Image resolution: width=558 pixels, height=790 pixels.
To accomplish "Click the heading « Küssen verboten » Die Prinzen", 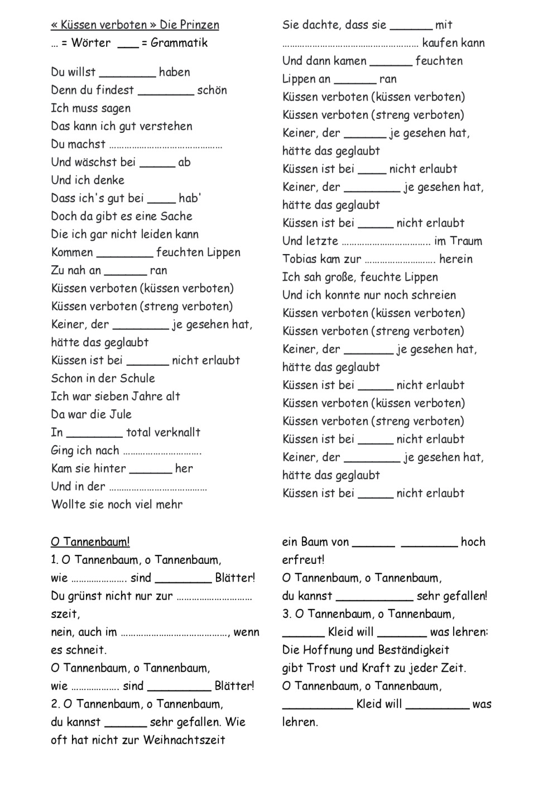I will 135,25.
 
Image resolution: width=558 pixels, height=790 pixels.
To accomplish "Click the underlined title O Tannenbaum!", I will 90,542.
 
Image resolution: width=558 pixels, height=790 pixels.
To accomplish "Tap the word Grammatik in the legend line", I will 179,43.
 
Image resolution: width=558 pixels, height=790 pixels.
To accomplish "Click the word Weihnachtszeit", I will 184,740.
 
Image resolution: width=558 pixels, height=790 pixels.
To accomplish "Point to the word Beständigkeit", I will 413,650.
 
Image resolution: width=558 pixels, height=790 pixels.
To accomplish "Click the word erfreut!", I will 303,560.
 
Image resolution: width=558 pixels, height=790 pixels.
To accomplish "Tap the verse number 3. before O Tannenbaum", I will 287,614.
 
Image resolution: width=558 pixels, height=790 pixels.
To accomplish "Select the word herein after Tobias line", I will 456,259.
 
